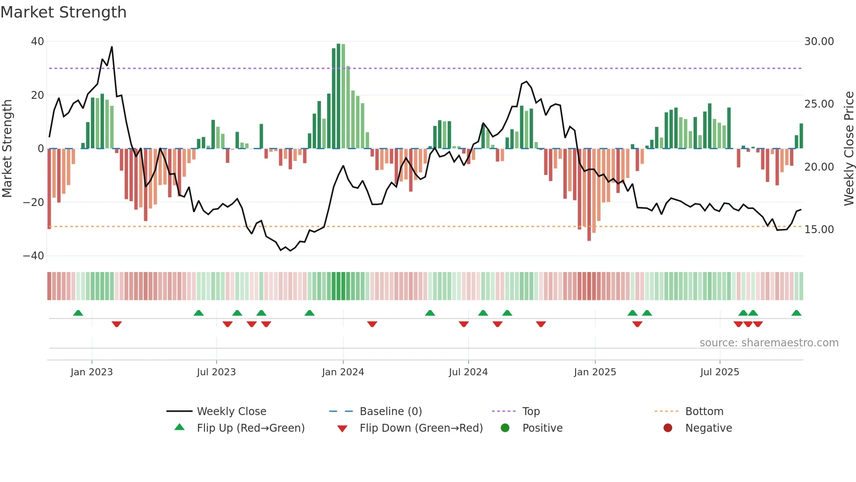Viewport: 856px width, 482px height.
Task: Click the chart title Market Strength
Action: (x=63, y=12)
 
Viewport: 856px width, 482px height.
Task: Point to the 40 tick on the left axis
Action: (x=38, y=42)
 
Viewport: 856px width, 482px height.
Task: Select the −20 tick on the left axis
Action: (x=34, y=203)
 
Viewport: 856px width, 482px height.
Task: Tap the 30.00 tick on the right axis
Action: (x=819, y=42)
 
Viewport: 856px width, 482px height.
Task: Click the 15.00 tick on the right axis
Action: (x=819, y=230)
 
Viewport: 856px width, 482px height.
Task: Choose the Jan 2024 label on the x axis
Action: (x=343, y=372)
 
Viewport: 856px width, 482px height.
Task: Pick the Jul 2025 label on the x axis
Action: (x=719, y=372)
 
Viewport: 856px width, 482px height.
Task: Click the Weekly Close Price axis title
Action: (x=849, y=149)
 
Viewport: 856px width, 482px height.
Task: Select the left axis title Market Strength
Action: (x=7, y=149)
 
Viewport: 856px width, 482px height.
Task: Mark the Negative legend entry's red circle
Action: (x=668, y=428)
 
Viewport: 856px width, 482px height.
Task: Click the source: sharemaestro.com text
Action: (x=769, y=343)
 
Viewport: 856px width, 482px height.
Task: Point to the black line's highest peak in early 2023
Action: (x=112, y=47)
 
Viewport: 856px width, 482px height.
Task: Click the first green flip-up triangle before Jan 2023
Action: (x=78, y=313)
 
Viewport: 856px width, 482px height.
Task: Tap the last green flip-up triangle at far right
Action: (x=796, y=313)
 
